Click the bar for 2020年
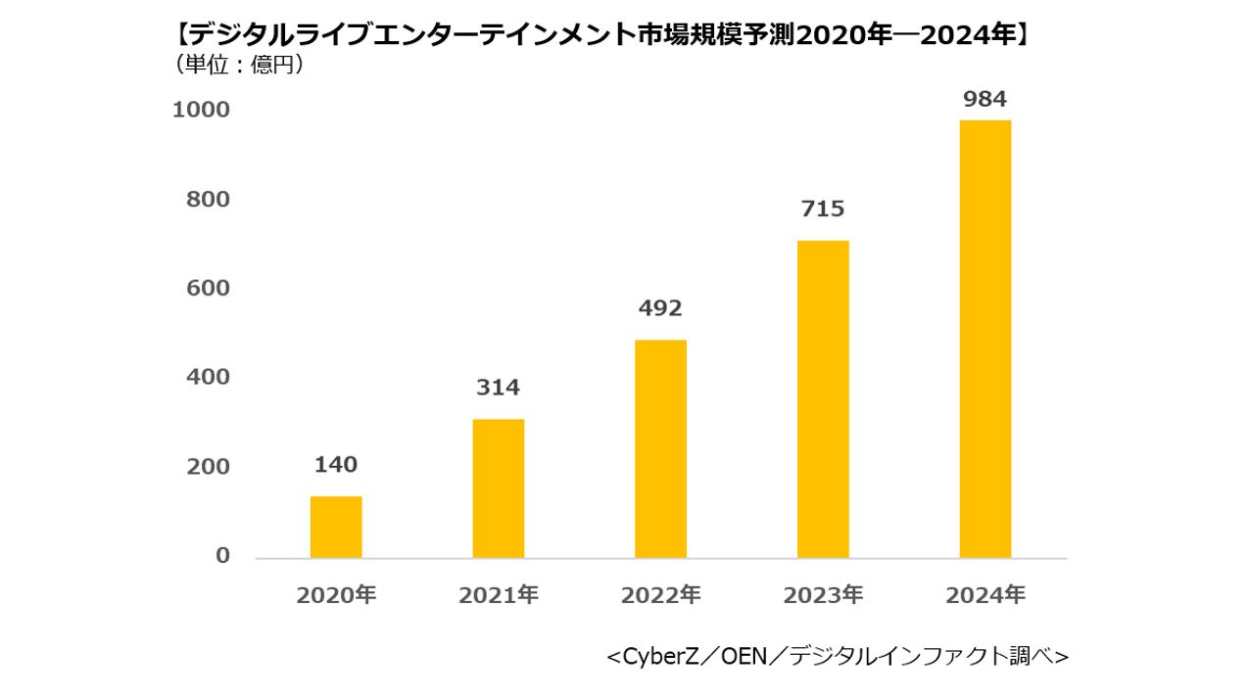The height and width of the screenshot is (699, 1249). click(x=336, y=527)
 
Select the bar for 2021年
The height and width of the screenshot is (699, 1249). click(x=498, y=489)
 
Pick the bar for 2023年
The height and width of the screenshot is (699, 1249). click(x=823, y=398)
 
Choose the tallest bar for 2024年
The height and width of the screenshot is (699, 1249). click(x=985, y=339)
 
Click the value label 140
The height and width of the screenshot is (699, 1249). click(x=336, y=465)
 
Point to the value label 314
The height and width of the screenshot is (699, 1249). click(x=498, y=388)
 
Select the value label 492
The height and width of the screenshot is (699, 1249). click(x=660, y=308)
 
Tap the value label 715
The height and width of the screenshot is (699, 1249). click(x=823, y=209)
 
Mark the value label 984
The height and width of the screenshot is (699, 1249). click(x=985, y=99)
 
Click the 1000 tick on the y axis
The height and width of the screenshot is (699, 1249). click(x=202, y=110)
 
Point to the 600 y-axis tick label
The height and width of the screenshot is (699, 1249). click(x=208, y=288)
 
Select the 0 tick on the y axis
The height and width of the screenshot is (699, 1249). click(x=222, y=555)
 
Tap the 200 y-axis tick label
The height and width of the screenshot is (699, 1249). click(x=208, y=466)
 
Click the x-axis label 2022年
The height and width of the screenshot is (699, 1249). click(x=660, y=595)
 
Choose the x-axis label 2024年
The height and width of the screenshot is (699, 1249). click(x=985, y=595)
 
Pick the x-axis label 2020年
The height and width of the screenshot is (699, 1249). click(x=336, y=595)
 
